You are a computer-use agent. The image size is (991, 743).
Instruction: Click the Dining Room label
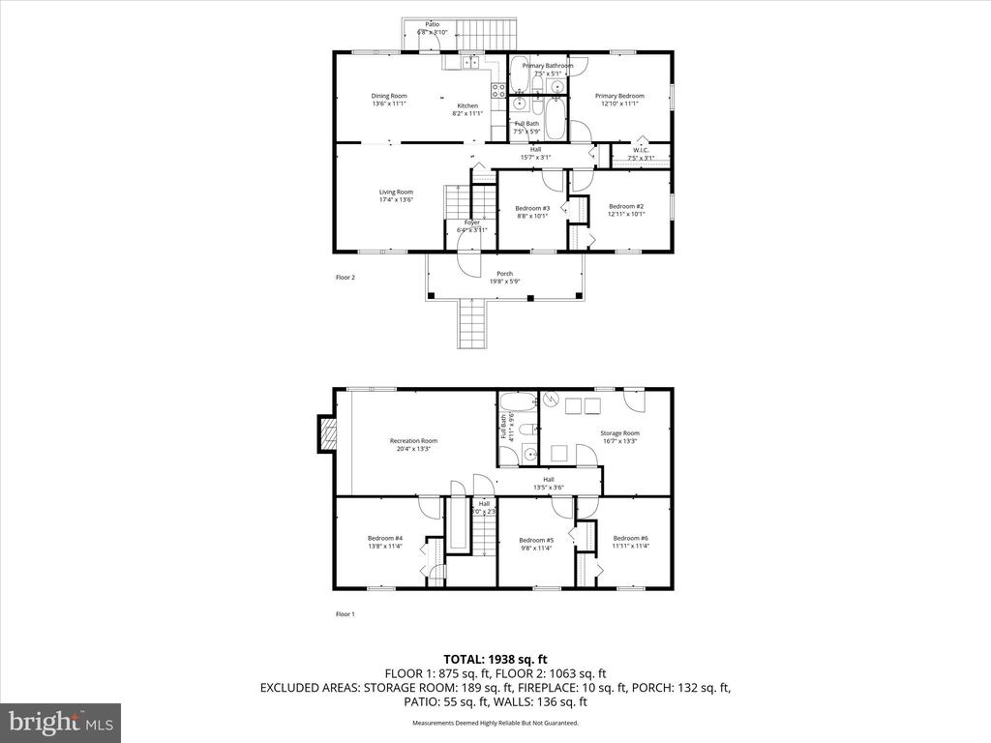[x=389, y=96]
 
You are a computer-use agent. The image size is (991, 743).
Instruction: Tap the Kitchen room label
[x=467, y=105]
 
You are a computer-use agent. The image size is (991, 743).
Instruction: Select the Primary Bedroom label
[x=619, y=96]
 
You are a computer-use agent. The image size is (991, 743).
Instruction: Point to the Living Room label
[x=396, y=192]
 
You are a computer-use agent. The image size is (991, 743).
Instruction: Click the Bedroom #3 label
[x=532, y=208]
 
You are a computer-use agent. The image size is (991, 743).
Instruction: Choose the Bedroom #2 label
[x=626, y=206]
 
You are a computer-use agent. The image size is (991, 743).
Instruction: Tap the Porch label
[x=504, y=274]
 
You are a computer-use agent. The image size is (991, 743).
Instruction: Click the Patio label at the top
[x=432, y=25]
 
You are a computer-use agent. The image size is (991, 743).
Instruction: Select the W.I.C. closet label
[x=641, y=150]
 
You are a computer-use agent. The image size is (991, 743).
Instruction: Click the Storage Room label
[x=619, y=433]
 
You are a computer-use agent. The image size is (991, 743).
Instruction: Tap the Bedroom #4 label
[x=385, y=538]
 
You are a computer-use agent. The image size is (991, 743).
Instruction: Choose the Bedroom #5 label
[x=535, y=540]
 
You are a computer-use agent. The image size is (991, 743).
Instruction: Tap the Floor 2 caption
[x=345, y=278]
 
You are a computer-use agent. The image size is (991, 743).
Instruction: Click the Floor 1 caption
[x=345, y=614]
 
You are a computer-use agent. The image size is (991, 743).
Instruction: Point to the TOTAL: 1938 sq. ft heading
[x=495, y=659]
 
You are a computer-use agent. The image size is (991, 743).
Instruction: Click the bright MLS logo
[x=59, y=722]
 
